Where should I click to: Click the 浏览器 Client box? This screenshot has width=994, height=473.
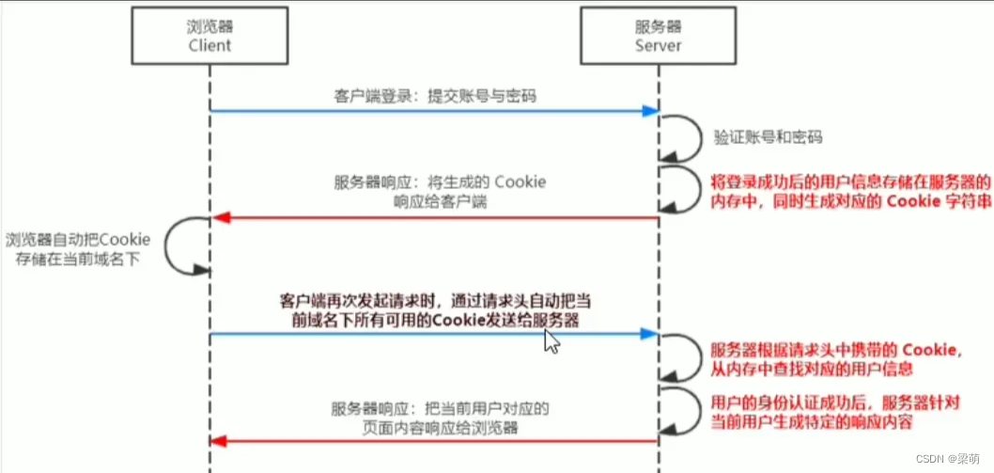[210, 34]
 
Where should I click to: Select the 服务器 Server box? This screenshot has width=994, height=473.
[658, 34]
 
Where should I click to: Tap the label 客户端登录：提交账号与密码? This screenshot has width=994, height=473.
[435, 96]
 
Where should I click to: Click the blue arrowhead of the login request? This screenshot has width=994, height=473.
[649, 111]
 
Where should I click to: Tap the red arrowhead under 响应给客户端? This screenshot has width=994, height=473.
[218, 218]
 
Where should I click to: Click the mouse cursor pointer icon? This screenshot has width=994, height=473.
[551, 341]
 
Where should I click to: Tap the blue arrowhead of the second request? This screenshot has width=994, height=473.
[649, 334]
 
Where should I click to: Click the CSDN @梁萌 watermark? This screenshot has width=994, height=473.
[953, 458]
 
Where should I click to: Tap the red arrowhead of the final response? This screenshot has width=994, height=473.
[218, 441]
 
